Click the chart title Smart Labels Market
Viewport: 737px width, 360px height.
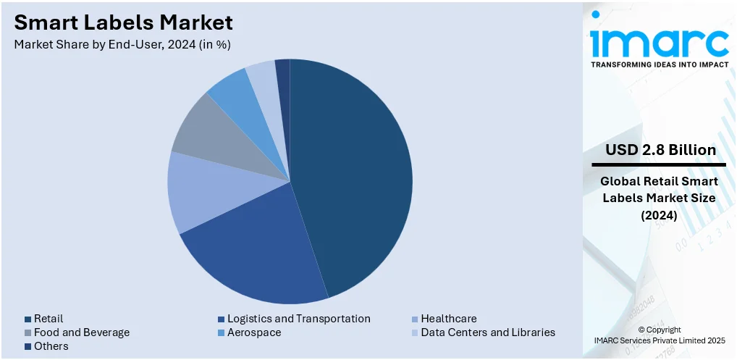[x=124, y=22]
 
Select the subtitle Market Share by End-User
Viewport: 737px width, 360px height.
[x=122, y=44]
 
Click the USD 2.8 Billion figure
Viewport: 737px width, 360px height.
[x=660, y=150]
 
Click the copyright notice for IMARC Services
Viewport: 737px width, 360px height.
[x=660, y=335]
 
